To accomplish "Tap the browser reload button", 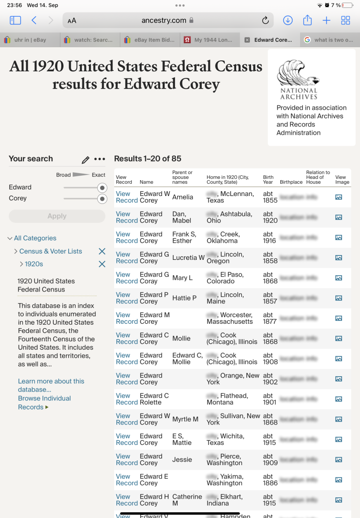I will point(265,20).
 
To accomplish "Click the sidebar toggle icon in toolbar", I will point(15,20).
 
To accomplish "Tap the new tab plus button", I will point(327,20).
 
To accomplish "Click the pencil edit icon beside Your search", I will point(85,159).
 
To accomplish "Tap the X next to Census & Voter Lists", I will point(102,251).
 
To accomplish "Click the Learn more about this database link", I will point(51,385).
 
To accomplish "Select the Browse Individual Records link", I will point(44,403).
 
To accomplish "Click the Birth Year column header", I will point(268,180).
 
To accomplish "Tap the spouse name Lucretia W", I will point(188,258).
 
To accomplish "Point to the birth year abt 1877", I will point(270,318).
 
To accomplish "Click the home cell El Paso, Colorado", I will point(225,278).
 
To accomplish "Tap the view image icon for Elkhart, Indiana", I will point(338,500).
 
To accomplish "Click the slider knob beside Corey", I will point(102,199).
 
